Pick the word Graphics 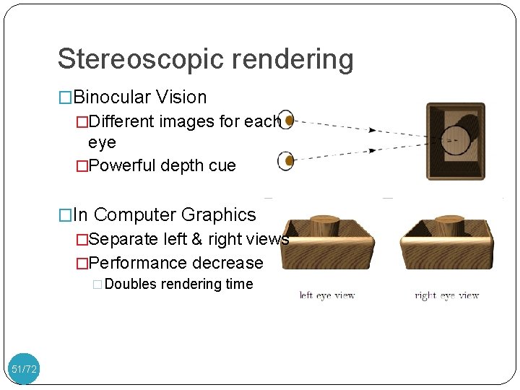[219, 214]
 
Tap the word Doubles [130, 284]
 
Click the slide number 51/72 [24, 370]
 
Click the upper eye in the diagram [287, 120]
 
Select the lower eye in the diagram [287, 160]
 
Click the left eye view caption [327, 295]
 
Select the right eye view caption [447, 295]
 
